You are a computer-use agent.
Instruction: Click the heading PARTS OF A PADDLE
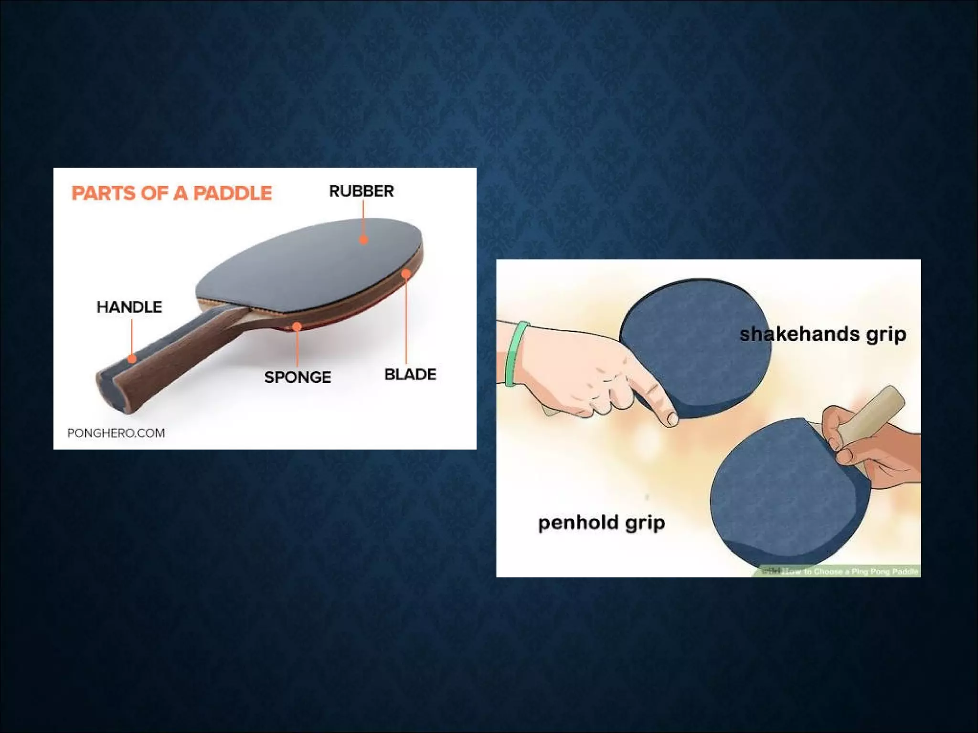point(171,193)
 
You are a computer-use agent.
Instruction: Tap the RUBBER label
point(361,191)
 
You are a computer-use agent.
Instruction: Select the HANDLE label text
point(129,307)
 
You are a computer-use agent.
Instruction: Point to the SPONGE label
point(298,377)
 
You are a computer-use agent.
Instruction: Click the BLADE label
point(410,375)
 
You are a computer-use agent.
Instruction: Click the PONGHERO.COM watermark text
point(116,433)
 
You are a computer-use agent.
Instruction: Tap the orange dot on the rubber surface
point(363,240)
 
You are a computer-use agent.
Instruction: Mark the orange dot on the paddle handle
point(132,358)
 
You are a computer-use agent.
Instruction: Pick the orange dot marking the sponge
point(297,326)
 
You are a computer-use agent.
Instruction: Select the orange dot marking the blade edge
point(406,273)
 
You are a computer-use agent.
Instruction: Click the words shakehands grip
point(823,334)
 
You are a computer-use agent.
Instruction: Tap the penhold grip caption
point(602,523)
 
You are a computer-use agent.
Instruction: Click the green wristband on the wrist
point(515,353)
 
